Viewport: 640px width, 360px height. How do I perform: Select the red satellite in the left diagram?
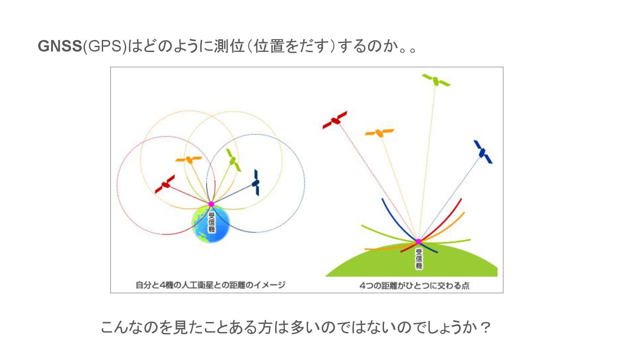165,184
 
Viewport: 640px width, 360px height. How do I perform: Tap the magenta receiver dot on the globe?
212,204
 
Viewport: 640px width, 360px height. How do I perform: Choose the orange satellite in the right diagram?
379,132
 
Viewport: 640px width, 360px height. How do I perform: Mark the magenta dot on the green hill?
418,241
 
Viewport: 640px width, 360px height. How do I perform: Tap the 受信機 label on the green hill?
418,258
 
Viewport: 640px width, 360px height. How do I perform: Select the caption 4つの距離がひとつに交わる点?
414,286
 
